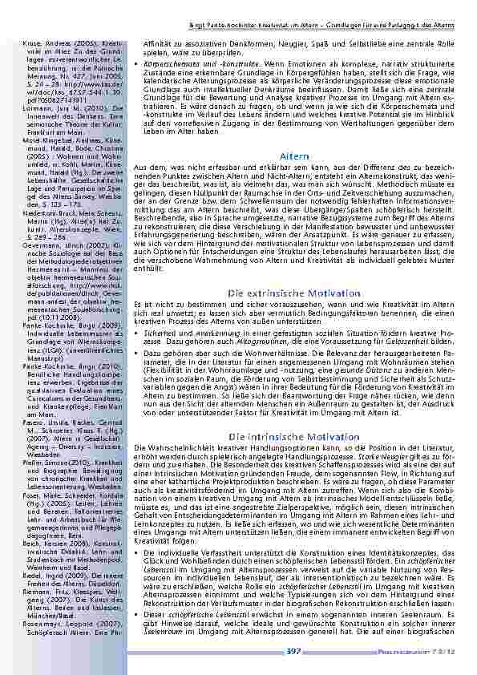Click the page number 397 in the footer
point(293,652)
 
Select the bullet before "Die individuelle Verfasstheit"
point(139,554)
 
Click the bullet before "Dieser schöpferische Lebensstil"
point(139,612)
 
